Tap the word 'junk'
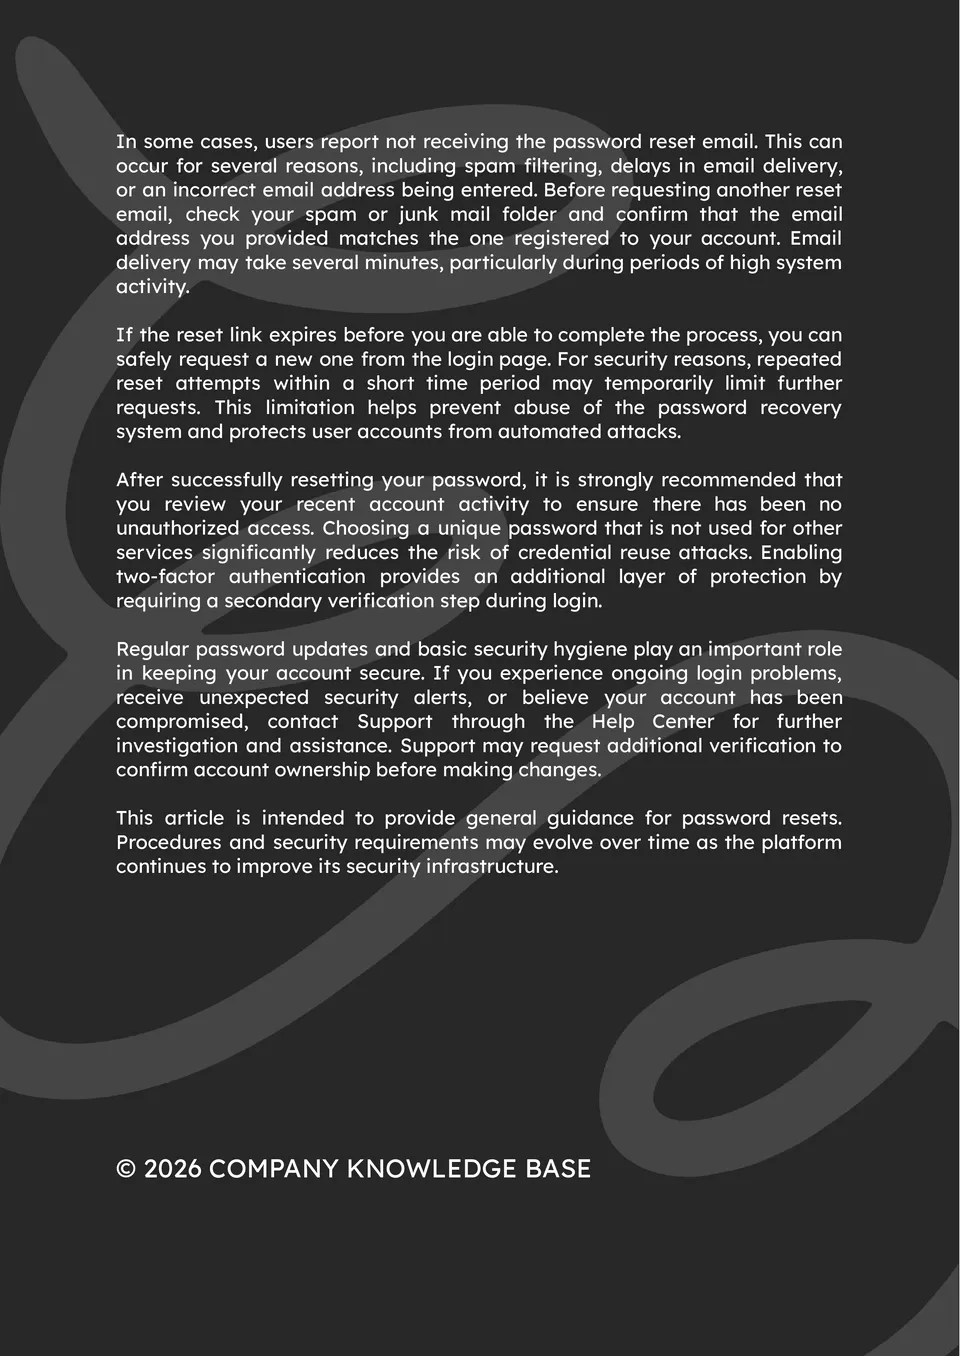pyautogui.click(x=418, y=214)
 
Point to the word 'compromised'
pyautogui.click(x=181, y=721)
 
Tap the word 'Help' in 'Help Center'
pyautogui.click(x=613, y=721)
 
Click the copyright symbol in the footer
pyautogui.click(x=126, y=1169)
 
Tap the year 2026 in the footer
pyautogui.click(x=173, y=1169)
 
